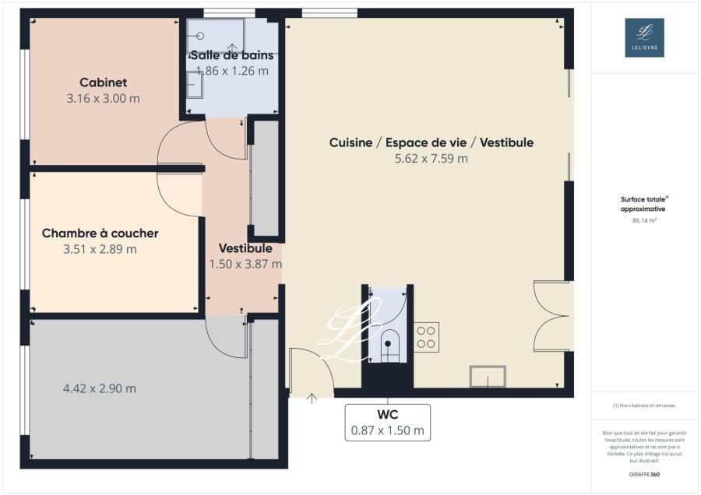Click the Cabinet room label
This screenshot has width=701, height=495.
pyautogui.click(x=103, y=82)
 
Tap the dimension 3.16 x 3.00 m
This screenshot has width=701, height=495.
pyautogui.click(x=103, y=99)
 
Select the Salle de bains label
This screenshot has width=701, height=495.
pyautogui.click(x=232, y=55)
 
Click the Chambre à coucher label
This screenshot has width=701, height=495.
pyautogui.click(x=100, y=233)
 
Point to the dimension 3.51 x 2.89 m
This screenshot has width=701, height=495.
pyautogui.click(x=100, y=250)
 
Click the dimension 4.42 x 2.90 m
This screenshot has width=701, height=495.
pyautogui.click(x=99, y=388)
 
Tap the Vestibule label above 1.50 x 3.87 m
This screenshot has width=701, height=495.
pyautogui.click(x=245, y=248)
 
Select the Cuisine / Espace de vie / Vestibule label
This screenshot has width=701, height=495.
pyautogui.click(x=431, y=142)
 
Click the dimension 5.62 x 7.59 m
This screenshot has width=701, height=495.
pyautogui.click(x=431, y=159)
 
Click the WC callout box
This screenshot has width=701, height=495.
pyautogui.click(x=387, y=422)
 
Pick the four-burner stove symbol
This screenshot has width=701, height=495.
pyautogui.click(x=426, y=336)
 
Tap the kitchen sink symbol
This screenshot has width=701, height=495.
pyautogui.click(x=488, y=377)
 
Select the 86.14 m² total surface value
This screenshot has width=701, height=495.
pyautogui.click(x=644, y=220)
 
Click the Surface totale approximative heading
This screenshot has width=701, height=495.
pyautogui.click(x=644, y=204)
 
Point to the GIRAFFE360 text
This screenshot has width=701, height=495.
pyautogui.click(x=644, y=474)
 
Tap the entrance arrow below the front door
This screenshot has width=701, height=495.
pyautogui.click(x=312, y=399)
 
